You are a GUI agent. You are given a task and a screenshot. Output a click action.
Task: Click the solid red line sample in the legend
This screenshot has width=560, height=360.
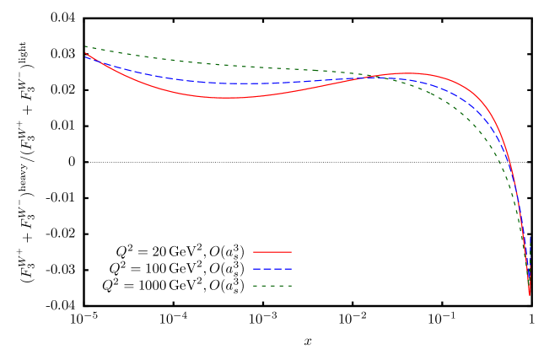[x=272, y=252]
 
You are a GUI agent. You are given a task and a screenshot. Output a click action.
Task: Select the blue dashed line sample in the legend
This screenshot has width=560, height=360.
[x=272, y=269]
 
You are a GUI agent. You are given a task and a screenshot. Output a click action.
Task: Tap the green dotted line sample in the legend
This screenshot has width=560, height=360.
[x=272, y=286]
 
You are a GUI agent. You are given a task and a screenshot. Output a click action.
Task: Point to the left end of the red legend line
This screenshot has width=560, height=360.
[x=254, y=252]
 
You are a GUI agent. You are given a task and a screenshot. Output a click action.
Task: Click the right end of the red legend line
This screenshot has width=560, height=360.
[x=291, y=252]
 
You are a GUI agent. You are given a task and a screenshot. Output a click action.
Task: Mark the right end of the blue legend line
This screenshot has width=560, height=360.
[x=291, y=269]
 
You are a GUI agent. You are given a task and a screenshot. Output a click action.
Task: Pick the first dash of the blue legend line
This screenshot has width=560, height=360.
[x=256, y=269]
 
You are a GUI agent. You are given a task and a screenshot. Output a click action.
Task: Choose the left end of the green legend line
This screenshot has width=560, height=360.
[x=254, y=286]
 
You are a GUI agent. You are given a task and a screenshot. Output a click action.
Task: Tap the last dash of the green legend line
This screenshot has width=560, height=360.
[x=289, y=286]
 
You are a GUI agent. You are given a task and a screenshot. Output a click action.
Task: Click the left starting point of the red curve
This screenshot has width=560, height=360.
[x=86, y=53]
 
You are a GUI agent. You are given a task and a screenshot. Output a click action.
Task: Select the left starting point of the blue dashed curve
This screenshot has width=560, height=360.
[x=86, y=56]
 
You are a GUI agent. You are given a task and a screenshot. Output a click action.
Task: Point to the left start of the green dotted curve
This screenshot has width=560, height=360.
[x=86, y=46]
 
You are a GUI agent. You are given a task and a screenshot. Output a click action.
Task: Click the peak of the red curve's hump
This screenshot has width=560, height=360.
[x=407, y=73]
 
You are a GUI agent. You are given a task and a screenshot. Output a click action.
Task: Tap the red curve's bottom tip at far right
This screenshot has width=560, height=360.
[x=530, y=294]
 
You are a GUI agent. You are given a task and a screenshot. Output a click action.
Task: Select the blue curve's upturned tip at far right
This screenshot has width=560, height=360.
[x=530, y=238]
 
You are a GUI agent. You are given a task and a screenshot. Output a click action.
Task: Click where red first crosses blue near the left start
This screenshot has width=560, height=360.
[x=91, y=58]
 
